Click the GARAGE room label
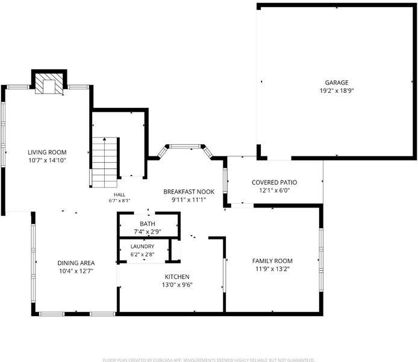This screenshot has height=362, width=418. pos(337,83)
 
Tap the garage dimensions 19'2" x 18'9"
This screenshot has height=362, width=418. pos(337,91)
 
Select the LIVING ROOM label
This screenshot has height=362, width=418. pos(47,152)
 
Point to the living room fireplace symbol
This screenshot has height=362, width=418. pos(49,83)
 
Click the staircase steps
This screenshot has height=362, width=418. pos(105,162)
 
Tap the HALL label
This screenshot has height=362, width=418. pos(119,195)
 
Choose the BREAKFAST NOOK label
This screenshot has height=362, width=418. pos(189,191)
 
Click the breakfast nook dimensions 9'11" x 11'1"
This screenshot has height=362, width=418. pos(189,200)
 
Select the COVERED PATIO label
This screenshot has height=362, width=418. pos(274,182)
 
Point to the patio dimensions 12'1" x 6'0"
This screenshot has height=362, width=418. pos(274,190)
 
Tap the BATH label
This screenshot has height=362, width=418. pos(148,224)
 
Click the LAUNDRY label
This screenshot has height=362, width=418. pos(142,246)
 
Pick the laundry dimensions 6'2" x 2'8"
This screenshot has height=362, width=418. pos(142,255)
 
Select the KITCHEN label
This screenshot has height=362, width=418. pos(177,277)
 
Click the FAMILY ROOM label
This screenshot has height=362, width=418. pos(272,261)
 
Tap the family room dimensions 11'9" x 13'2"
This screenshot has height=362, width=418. pos(272,269)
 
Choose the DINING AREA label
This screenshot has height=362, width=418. pos(76,263)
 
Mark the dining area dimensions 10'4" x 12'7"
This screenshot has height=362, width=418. pos(76,271)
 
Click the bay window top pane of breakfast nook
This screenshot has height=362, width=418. pos(185,146)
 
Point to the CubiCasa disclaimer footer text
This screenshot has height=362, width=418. pos(209,360)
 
